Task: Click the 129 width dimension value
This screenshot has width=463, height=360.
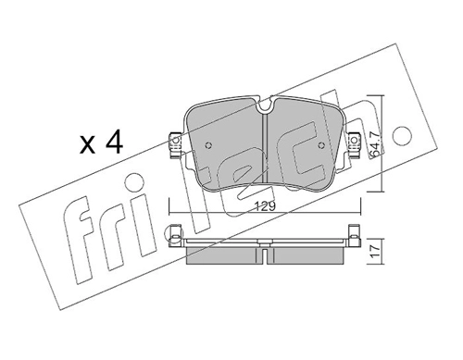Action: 266,206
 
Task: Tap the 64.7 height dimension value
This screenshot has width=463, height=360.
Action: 375,143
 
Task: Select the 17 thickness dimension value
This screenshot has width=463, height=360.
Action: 375,251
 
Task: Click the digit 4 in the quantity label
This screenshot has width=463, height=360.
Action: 113,143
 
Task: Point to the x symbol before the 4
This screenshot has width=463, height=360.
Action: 87,144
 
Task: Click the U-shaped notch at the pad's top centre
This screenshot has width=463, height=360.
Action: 265,106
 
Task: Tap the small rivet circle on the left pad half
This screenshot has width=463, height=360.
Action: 208,145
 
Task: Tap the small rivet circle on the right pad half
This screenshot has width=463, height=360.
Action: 321,145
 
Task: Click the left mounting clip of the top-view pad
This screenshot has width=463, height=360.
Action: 175,145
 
